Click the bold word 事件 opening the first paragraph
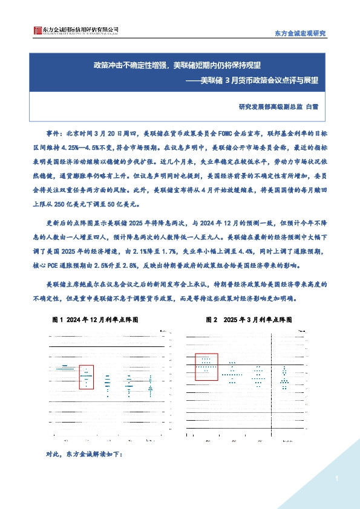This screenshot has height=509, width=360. point(54,132)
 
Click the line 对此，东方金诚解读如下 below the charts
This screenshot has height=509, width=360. point(84,454)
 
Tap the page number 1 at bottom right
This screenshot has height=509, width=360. point(335,479)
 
